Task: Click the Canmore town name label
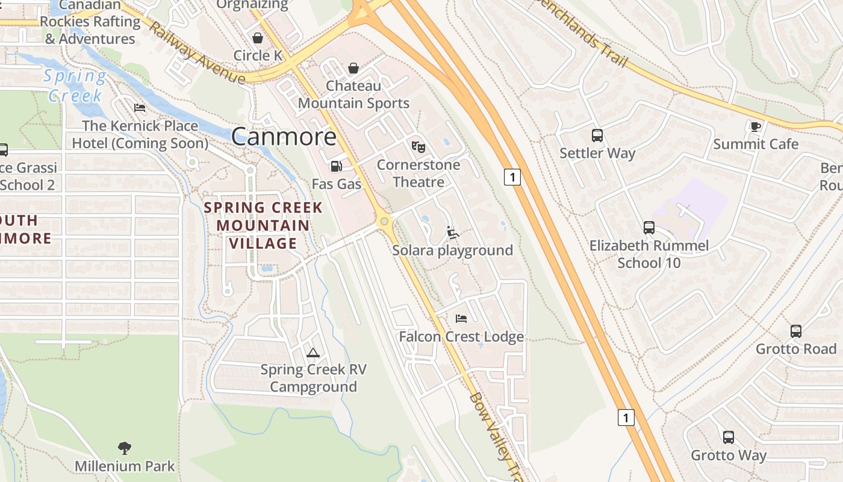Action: (284, 136)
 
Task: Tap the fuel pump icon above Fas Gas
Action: (336, 166)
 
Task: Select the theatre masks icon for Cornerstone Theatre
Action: (418, 146)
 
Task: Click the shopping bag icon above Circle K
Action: (258, 38)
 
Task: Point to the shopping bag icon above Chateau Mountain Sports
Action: (353, 68)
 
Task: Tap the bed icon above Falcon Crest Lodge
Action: (461, 318)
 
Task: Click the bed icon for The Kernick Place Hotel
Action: (140, 108)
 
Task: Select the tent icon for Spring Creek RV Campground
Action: (313, 352)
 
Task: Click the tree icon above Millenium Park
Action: (125, 448)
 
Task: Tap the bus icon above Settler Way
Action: (597, 136)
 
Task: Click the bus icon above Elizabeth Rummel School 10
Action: (649, 228)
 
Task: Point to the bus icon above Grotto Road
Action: (796, 331)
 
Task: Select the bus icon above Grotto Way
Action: (728, 437)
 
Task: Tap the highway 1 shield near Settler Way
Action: (512, 177)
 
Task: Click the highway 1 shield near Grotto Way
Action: (626, 417)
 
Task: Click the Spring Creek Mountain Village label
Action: (263, 225)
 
